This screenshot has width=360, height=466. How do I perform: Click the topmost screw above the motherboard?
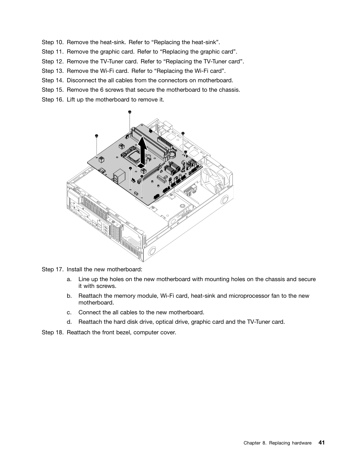pyautogui.click(x=130, y=112)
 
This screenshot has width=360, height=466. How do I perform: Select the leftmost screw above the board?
pyautogui.click(x=97, y=135)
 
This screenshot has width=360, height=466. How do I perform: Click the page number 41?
pyautogui.click(x=321, y=442)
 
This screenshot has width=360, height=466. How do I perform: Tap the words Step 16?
pyautogui.click(x=52, y=100)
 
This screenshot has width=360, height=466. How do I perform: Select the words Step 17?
pyautogui.click(x=52, y=269)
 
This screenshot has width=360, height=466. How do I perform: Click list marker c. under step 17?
pyautogui.click(x=69, y=312)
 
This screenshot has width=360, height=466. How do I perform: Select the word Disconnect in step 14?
pyautogui.click(x=81, y=80)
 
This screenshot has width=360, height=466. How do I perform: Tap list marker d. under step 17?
pyautogui.click(x=69, y=322)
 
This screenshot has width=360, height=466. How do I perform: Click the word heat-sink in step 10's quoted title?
pyautogui.click(x=204, y=42)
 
